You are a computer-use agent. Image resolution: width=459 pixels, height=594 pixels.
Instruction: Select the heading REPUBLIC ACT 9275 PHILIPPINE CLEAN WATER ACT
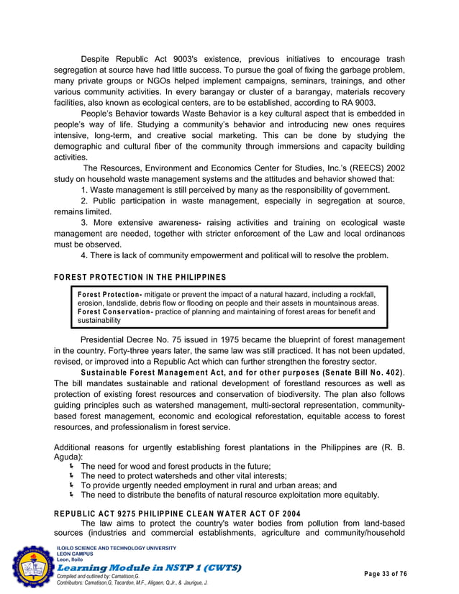[x=178, y=513]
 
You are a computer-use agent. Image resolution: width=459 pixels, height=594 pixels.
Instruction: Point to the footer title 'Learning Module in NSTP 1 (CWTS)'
[x=148, y=568]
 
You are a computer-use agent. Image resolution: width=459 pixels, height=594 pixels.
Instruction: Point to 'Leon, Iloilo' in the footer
[x=69, y=559]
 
